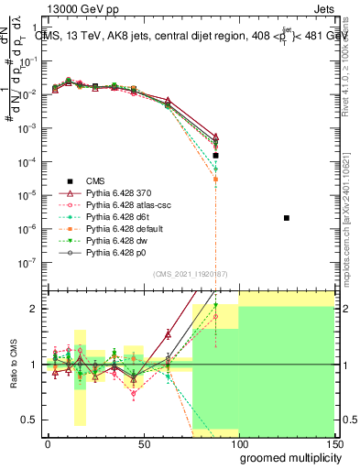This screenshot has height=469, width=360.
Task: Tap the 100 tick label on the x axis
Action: (239, 444)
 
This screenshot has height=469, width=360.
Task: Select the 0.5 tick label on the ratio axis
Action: (32, 420)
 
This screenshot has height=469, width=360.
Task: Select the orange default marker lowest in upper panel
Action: (215, 180)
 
